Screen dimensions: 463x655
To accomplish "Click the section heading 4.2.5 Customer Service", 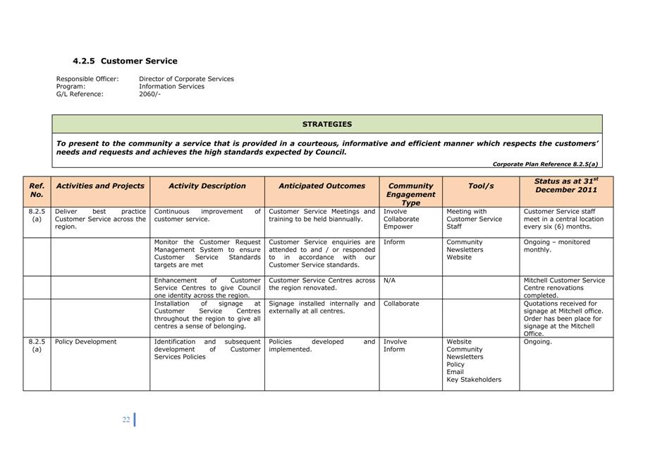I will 125,61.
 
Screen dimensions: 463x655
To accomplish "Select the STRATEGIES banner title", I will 327,124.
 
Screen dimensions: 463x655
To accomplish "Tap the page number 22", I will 126,419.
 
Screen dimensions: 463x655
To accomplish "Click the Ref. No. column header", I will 37,190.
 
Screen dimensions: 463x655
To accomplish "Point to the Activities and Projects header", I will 100,186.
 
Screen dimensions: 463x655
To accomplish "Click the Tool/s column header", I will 481,186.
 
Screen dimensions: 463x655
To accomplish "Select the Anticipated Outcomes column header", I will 322,186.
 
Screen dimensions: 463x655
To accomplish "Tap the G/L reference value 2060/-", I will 149,94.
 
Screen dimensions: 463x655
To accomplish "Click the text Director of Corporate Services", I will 186,79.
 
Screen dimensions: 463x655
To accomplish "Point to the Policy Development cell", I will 85,342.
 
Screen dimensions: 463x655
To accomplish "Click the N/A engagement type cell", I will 389,280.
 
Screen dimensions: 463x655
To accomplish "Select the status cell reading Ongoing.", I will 538,342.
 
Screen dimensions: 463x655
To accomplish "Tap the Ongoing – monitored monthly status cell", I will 557,246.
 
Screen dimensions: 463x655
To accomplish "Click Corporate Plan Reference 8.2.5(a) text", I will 545,164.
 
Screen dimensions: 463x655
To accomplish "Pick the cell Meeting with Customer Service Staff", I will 474,219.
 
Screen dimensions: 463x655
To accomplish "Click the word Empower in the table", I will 398,227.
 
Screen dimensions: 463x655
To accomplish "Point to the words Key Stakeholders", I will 474,380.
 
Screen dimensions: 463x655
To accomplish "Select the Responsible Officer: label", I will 87,79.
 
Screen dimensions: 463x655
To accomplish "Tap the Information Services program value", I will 171,86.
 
